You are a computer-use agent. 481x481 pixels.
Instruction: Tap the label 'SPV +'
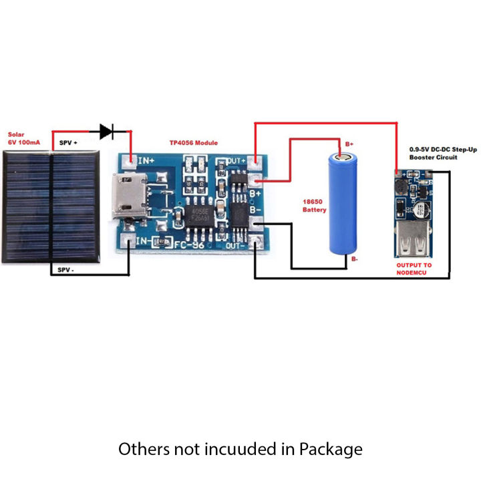(68, 143)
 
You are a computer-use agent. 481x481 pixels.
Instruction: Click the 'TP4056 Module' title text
(193, 143)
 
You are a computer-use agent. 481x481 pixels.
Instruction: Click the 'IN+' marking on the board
(146, 160)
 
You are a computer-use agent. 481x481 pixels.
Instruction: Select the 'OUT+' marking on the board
(236, 161)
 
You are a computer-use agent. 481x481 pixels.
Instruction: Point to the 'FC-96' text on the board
(189, 245)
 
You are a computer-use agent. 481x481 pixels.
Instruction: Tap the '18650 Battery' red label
(313, 204)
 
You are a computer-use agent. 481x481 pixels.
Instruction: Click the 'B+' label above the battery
(349, 144)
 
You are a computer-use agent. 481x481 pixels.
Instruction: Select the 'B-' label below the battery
(353, 259)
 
